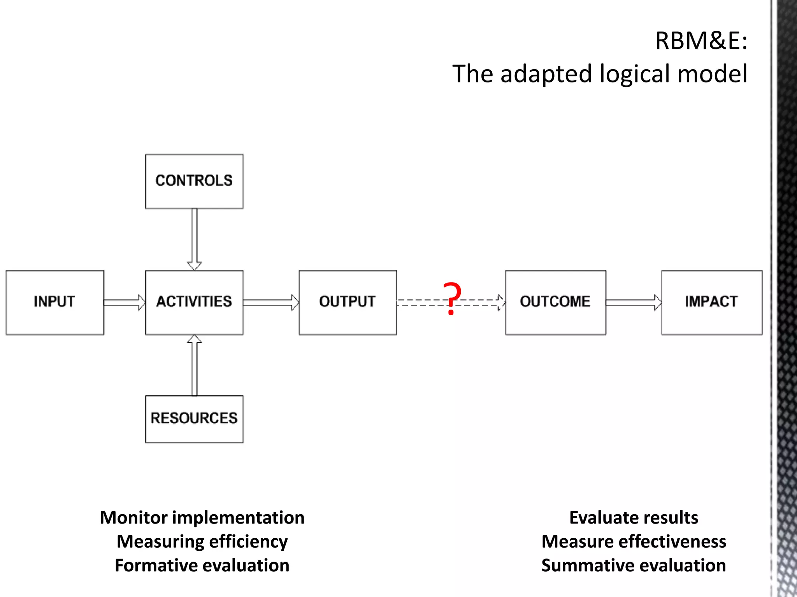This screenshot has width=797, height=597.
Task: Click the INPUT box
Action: tap(54, 302)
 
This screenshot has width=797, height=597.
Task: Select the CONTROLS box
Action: tap(194, 181)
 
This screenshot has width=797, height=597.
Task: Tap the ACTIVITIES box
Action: tap(194, 302)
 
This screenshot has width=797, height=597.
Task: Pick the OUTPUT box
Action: tap(348, 302)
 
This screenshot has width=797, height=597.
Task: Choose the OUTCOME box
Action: tap(555, 302)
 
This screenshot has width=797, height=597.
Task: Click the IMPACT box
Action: tap(712, 302)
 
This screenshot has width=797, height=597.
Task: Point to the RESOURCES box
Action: tap(194, 419)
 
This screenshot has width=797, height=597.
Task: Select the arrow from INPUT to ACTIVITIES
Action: tap(124, 302)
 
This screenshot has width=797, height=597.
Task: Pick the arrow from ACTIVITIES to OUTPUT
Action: tap(271, 302)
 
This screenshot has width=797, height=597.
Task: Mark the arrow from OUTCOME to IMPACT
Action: tap(633, 302)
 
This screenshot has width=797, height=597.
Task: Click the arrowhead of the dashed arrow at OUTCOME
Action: tap(501, 302)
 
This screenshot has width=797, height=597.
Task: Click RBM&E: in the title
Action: tap(701, 40)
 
